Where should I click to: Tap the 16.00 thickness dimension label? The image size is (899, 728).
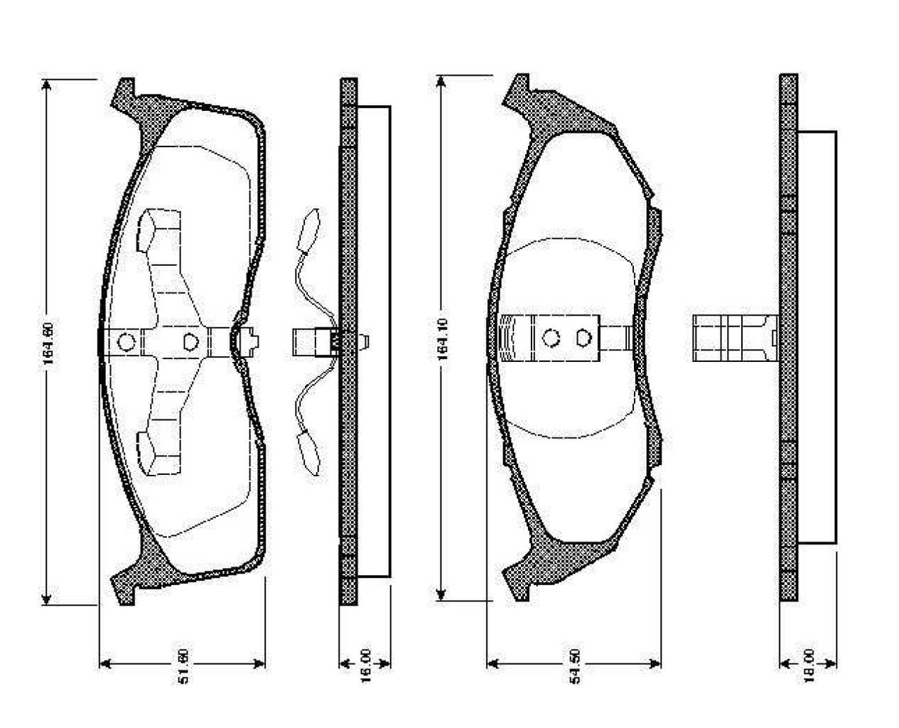pyautogui.click(x=366, y=665)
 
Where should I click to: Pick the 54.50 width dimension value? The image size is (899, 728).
pyautogui.click(x=575, y=665)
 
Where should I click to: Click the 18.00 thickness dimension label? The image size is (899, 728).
pyautogui.click(x=809, y=665)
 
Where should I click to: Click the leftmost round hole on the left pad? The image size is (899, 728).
pyautogui.click(x=126, y=343)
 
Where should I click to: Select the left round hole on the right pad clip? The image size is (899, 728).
pyautogui.click(x=551, y=337)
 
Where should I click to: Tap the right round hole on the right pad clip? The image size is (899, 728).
pyautogui.click(x=583, y=337)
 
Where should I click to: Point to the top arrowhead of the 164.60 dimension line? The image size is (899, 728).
pyautogui.click(x=47, y=84)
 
